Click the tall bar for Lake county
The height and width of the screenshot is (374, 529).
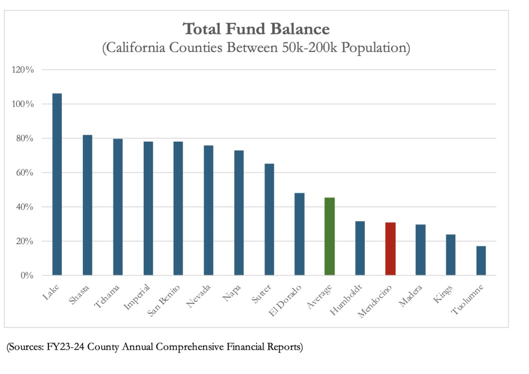(x=57, y=184)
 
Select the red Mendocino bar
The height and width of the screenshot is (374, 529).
(x=390, y=249)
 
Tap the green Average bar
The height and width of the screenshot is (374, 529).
(x=329, y=236)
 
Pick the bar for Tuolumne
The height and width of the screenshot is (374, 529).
(x=481, y=260)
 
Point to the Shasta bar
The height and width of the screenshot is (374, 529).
(x=87, y=205)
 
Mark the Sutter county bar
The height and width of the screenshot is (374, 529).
(x=269, y=219)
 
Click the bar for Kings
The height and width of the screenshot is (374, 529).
(x=451, y=255)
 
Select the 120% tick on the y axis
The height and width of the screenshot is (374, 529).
(x=23, y=70)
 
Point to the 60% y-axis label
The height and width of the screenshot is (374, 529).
(x=24, y=173)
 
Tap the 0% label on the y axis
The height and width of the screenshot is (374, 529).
(x=27, y=275)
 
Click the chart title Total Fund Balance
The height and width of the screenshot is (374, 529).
(x=257, y=28)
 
